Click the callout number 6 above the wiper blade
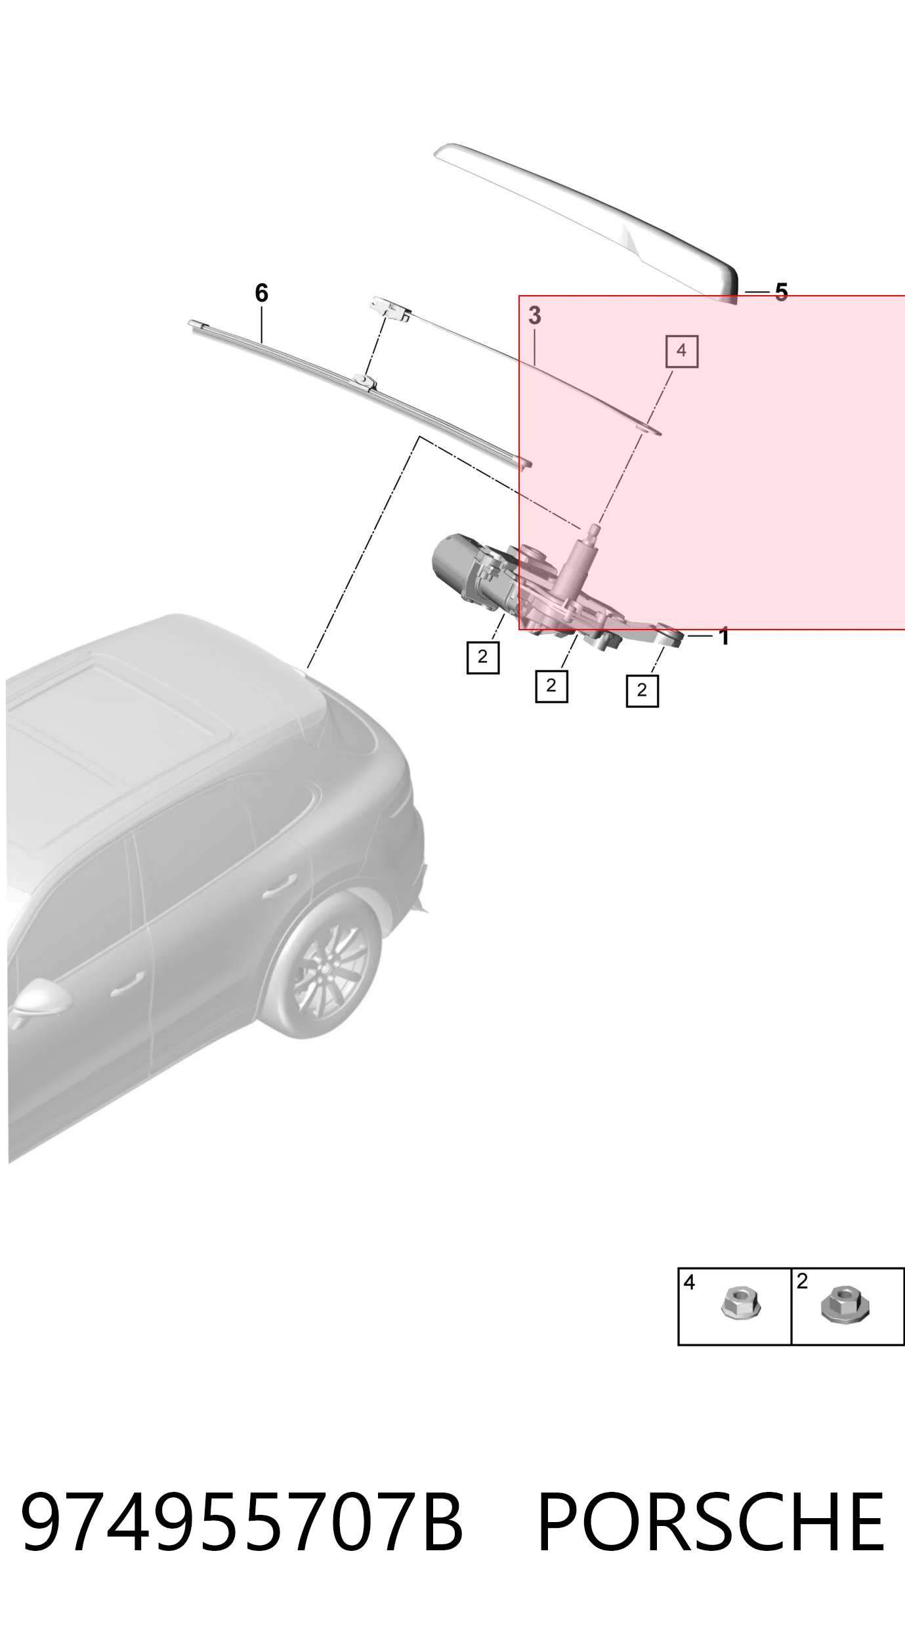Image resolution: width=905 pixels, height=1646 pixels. (261, 292)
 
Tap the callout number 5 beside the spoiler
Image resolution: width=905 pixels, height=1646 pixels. (781, 292)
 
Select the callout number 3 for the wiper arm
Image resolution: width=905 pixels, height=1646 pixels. (535, 315)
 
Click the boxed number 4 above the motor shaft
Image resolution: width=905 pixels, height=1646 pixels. (682, 351)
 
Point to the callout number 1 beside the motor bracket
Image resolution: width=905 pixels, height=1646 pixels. (724, 636)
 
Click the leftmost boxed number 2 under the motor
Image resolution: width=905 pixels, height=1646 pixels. (483, 657)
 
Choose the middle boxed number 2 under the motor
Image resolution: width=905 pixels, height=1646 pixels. (551, 686)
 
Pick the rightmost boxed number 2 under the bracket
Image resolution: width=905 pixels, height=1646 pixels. (642, 691)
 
